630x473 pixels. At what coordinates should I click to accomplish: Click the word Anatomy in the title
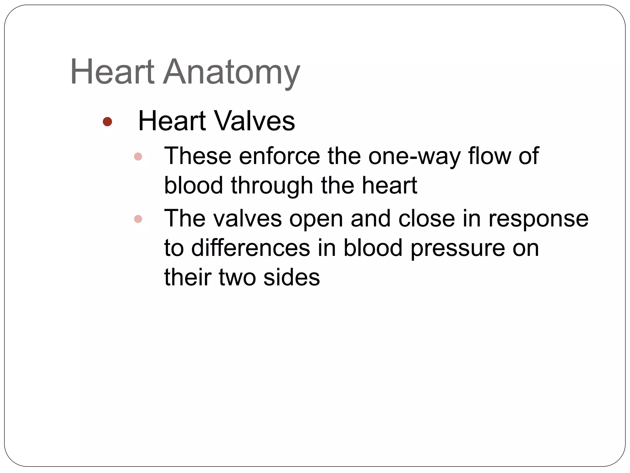click(x=231, y=73)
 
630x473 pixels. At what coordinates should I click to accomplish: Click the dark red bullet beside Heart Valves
click(x=107, y=122)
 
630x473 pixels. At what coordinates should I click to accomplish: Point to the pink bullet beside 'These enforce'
click(x=138, y=157)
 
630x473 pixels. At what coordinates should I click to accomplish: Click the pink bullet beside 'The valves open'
click(x=138, y=219)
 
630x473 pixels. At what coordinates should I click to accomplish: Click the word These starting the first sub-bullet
click(x=197, y=156)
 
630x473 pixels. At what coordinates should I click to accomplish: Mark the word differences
click(x=250, y=248)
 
